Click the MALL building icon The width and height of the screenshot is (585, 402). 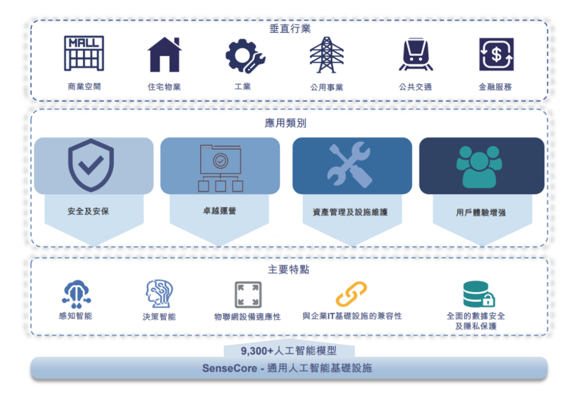pyautogui.click(x=84, y=53)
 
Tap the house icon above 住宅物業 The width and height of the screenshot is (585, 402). pyautogui.click(x=164, y=54)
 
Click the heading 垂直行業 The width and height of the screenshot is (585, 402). pyautogui.click(x=290, y=29)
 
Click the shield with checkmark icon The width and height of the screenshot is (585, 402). pyautogui.click(x=91, y=165)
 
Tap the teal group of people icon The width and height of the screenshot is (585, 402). pyautogui.click(x=479, y=166)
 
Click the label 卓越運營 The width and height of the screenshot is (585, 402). pyautogui.click(x=219, y=211)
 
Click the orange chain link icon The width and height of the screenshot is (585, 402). pyautogui.click(x=351, y=294)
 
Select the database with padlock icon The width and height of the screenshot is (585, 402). pyautogui.click(x=479, y=295)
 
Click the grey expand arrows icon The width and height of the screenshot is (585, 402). pyautogui.click(x=248, y=295)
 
